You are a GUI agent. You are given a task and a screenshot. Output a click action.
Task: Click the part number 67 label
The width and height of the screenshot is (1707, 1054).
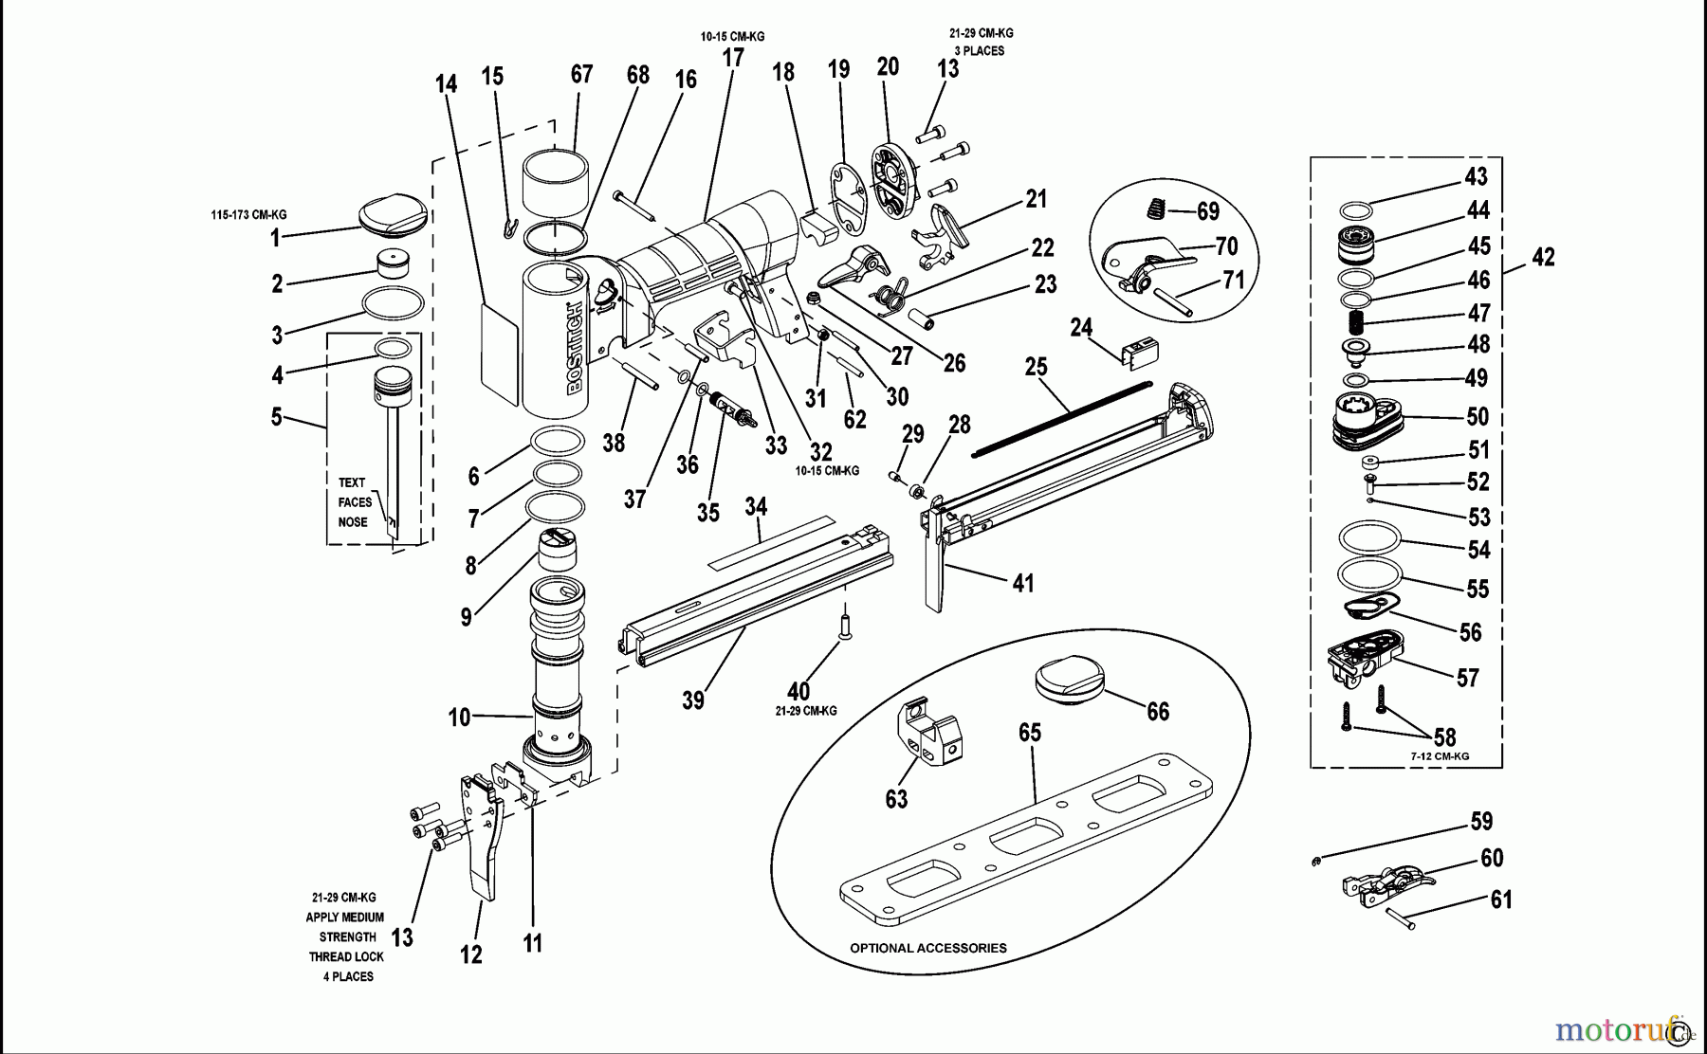581,74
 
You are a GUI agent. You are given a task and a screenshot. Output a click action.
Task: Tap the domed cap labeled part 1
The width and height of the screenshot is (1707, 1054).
393,212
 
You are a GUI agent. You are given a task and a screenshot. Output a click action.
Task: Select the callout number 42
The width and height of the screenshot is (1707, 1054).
1543,257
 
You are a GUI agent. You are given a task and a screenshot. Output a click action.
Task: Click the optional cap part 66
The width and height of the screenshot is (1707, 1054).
1070,681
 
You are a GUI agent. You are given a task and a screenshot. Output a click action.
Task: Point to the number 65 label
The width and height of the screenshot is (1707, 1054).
1030,733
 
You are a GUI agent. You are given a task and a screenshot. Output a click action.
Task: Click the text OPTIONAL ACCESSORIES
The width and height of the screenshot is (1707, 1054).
927,948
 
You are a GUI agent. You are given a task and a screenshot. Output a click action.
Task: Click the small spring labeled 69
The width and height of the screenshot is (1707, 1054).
1155,207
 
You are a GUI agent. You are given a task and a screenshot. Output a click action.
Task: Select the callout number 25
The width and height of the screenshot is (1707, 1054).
1036,367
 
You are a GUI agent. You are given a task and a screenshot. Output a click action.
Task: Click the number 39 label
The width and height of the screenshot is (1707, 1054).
693,700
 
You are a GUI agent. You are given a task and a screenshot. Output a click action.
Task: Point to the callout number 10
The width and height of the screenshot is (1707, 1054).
459,718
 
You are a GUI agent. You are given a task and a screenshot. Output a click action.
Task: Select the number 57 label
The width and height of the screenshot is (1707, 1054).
1467,678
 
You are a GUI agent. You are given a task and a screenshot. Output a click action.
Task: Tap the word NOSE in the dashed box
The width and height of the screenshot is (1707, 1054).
353,522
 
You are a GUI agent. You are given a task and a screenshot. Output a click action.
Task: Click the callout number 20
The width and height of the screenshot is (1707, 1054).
888,66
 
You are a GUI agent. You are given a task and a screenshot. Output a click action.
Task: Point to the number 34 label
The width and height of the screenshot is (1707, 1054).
755,507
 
